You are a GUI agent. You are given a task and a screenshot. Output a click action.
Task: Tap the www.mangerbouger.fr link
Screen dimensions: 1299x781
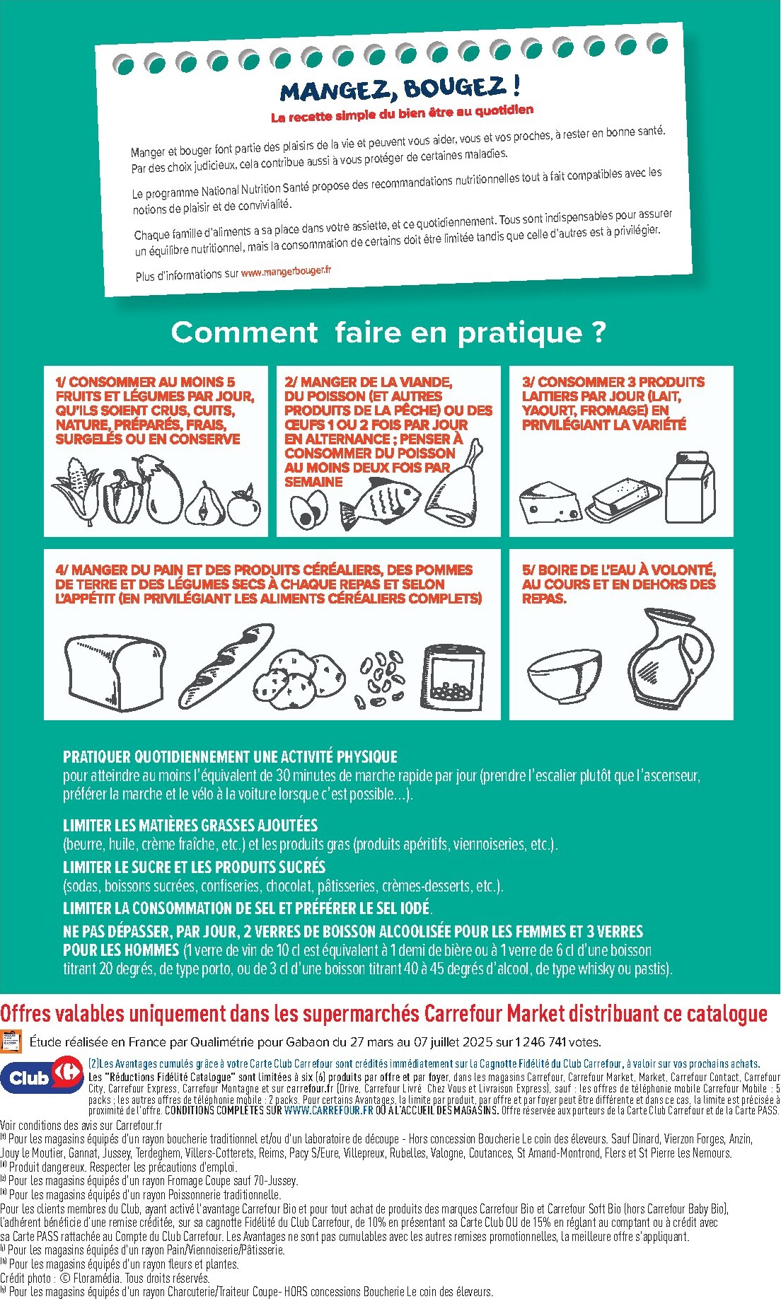[x=286, y=272]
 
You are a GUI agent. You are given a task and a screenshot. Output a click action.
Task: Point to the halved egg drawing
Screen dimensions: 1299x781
[x=309, y=509]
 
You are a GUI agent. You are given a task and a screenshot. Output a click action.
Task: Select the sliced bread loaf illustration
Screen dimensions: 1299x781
[x=115, y=671]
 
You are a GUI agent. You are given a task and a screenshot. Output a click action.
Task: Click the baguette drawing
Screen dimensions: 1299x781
[x=226, y=666]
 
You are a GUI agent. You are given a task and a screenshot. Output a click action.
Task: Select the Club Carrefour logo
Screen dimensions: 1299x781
[x=42, y=1078]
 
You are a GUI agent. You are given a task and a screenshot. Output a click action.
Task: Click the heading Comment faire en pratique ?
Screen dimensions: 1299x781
[x=388, y=332]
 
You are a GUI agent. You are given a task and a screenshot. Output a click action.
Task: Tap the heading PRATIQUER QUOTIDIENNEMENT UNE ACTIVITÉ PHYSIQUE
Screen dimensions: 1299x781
[x=230, y=756]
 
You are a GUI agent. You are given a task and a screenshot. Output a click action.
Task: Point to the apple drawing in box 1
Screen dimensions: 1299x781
[x=243, y=507]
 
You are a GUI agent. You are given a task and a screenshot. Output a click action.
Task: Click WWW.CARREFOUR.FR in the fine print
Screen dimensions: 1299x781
[x=328, y=1111]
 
